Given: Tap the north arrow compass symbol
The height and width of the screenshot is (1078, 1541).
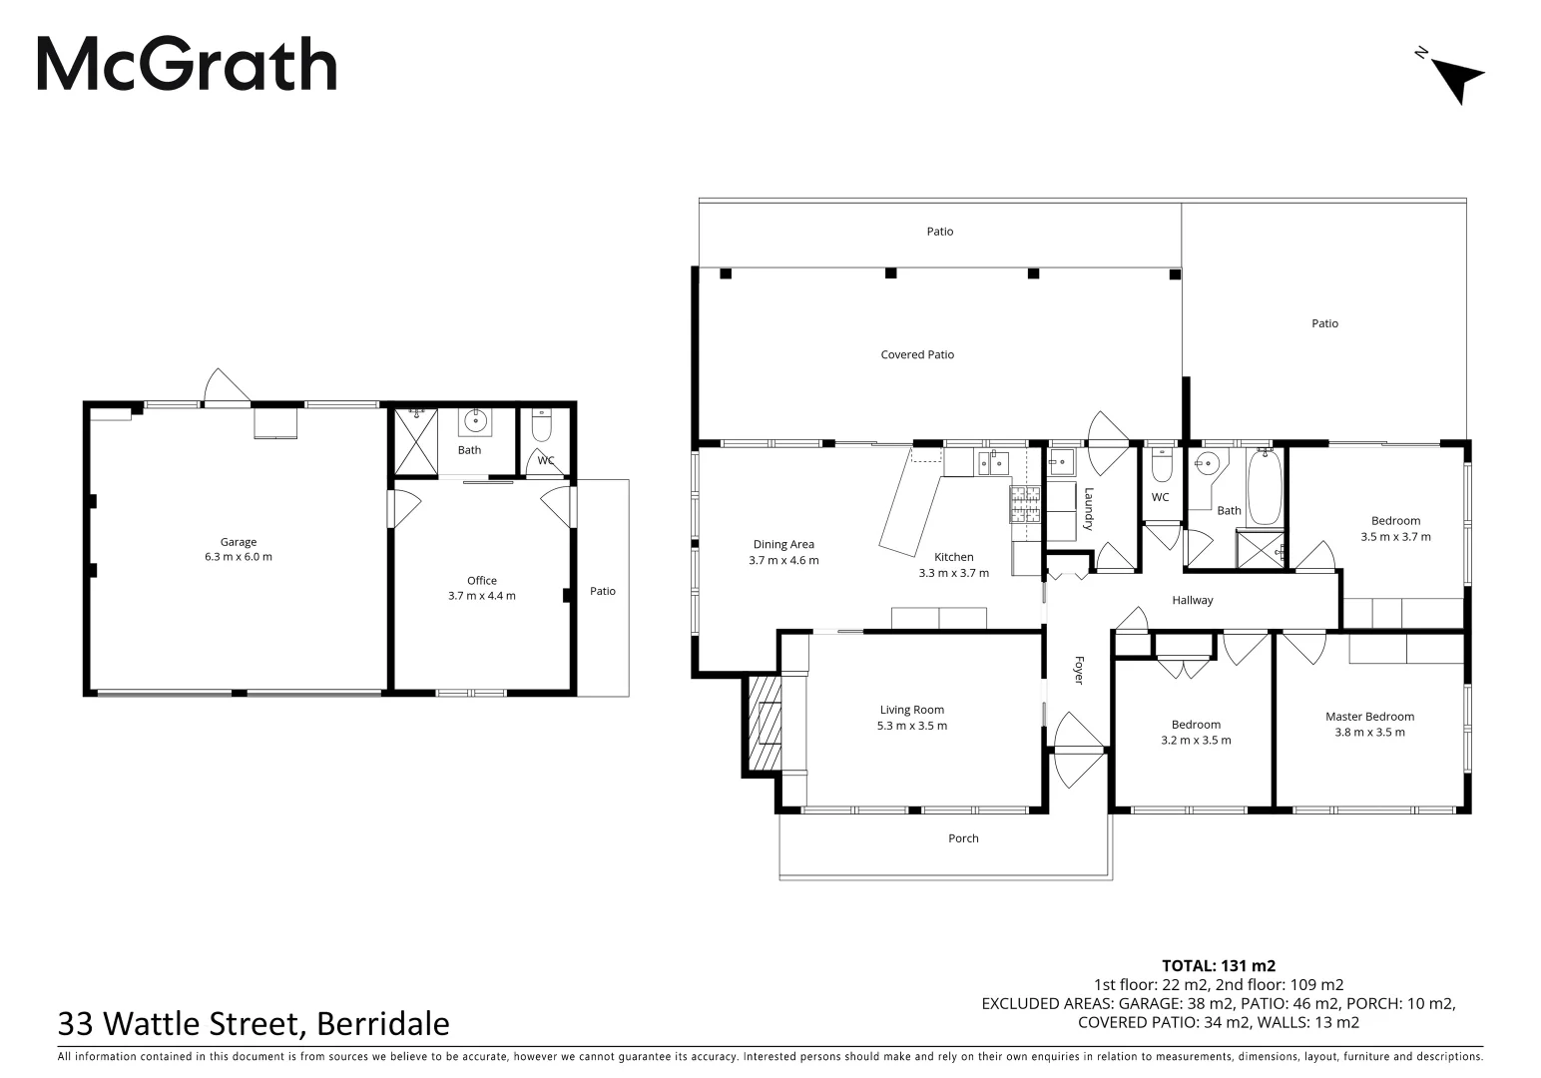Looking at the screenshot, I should coord(1456,78).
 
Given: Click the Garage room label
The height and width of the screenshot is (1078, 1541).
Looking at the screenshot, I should coord(239,542).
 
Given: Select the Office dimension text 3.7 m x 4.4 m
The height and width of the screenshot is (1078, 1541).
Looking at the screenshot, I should coord(482,596).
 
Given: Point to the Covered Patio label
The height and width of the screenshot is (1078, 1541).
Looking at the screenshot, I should coord(917,354).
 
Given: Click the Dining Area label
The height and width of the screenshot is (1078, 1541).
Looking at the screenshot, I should coord(783,544).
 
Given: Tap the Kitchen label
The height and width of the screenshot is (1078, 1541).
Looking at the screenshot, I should coord(953,557).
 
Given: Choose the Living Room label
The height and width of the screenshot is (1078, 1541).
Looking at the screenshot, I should coord(911,710).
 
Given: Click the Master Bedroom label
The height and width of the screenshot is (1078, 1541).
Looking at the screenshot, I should coord(1369,716).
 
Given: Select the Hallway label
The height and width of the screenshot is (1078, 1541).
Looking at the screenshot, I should coord(1193,600).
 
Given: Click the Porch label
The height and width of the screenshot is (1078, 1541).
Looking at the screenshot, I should coord(963,838).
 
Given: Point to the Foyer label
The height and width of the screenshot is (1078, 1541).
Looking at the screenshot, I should coord(1079,670).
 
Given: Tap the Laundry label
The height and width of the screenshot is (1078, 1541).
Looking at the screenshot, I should coord(1089,508).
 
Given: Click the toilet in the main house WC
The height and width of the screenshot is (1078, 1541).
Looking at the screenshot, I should coord(1161,465).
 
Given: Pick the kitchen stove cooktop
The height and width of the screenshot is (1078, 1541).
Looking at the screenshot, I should coord(1026,504).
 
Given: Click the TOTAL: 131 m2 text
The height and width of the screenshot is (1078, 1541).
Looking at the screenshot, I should coord(1219,965).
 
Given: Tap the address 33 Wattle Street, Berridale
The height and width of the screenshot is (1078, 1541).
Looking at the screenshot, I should coord(254,1023).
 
